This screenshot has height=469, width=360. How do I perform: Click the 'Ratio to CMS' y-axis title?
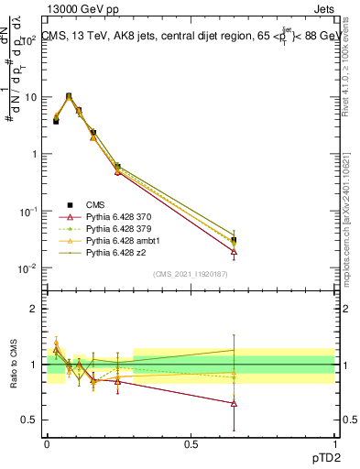coord(13,365)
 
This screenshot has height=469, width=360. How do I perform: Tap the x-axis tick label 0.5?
coord(191,442)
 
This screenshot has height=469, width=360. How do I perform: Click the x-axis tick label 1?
coord(334,442)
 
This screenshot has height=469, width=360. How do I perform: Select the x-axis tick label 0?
coord(47,442)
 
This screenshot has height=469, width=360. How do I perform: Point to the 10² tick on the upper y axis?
coord(30,40)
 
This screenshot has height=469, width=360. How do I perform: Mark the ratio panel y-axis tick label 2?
coord(36,308)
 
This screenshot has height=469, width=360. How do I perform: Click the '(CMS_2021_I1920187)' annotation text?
coord(191,274)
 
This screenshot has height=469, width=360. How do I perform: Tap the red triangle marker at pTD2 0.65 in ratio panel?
coord(235,403)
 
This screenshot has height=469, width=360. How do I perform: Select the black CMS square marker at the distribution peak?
coord(69,95)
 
